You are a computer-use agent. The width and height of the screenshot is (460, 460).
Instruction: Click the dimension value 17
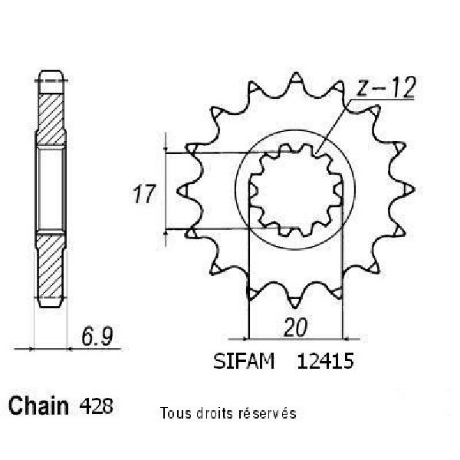tap(143, 194)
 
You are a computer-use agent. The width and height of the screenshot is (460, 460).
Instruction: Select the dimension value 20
tap(295, 327)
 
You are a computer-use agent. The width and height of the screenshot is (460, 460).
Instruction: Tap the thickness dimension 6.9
tap(97, 337)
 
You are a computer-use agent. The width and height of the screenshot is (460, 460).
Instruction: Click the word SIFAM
tap(244, 361)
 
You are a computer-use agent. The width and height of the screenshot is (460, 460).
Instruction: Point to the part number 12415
tap(325, 361)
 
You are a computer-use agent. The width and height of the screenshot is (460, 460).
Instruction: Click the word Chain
tap(38, 406)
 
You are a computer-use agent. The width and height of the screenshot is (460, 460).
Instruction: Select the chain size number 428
tap(96, 406)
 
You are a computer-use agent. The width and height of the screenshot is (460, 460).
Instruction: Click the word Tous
tap(176, 413)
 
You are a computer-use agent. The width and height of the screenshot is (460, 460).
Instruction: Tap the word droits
tap(215, 413)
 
